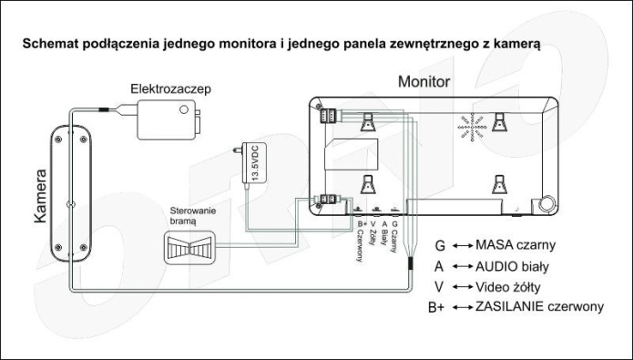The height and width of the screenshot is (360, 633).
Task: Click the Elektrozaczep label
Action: click(x=170, y=89)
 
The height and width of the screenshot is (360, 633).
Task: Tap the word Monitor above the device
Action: click(x=424, y=82)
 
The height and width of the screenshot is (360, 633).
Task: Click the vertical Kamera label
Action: click(x=40, y=196)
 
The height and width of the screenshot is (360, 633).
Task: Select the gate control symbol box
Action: click(x=189, y=247)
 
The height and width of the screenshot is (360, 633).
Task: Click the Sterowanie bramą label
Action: click(x=192, y=216)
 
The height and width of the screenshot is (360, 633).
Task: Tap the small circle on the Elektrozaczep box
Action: click(x=184, y=109)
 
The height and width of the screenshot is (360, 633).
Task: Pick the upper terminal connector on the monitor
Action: click(x=328, y=116)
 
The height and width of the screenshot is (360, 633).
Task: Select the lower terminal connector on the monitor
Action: click(x=328, y=199)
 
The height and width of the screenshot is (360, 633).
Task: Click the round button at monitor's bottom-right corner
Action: click(x=547, y=203)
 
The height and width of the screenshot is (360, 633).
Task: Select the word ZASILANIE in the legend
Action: click(x=509, y=306)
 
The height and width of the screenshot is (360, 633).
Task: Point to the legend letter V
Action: click(x=439, y=287)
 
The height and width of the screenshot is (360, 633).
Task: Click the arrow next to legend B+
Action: click(x=463, y=307)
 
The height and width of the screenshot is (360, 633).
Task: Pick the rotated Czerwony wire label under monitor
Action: click(x=360, y=246)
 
